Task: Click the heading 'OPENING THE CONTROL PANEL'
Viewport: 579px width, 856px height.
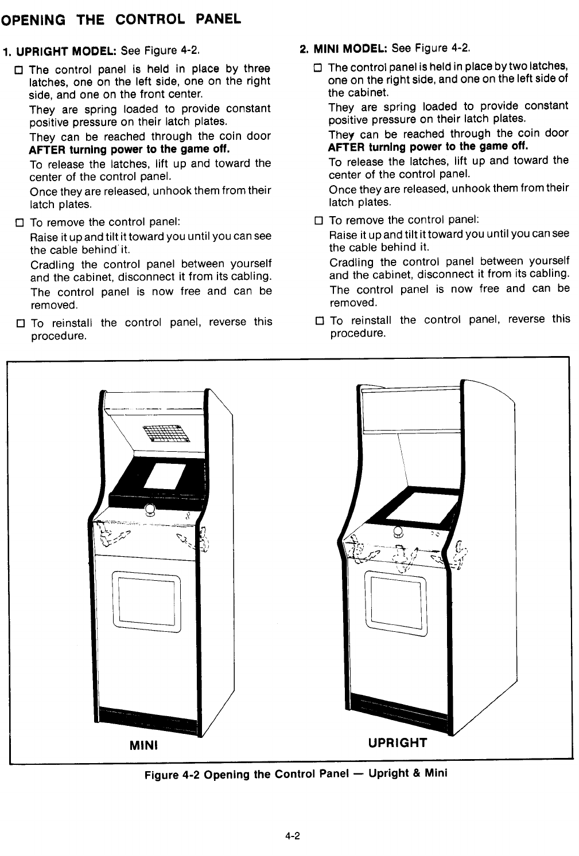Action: [x=121, y=19]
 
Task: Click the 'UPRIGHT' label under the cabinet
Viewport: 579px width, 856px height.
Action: [x=398, y=743]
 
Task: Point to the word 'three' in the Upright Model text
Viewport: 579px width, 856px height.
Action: [x=257, y=69]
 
